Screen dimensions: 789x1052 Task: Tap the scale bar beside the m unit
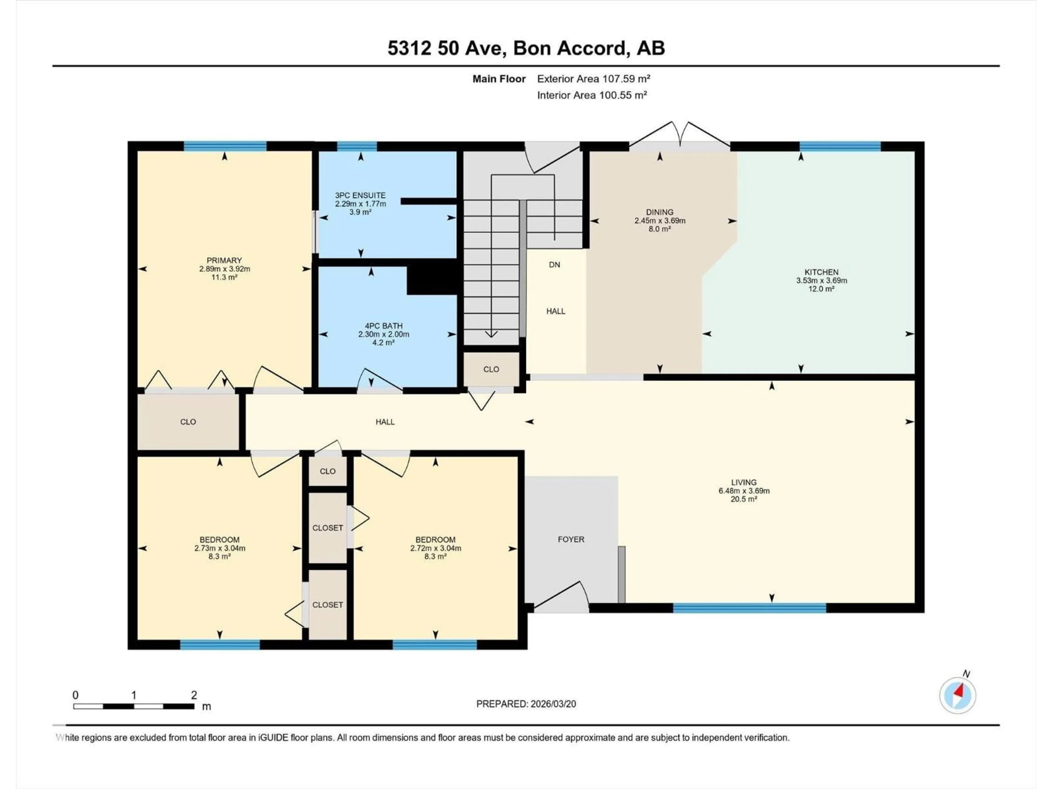pyautogui.click(x=134, y=706)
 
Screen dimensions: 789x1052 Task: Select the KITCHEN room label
pyautogui.click(x=821, y=272)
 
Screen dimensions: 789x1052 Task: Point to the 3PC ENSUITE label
pyautogui.click(x=360, y=195)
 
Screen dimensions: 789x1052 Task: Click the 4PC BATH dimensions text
pyautogui.click(x=383, y=334)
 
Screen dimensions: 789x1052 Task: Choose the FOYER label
pyautogui.click(x=571, y=539)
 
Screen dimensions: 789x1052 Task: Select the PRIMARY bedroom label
pyautogui.click(x=224, y=261)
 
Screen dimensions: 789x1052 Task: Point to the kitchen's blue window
pyautogui.click(x=840, y=146)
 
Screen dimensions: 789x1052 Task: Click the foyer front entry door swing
pyautogui.click(x=561, y=597)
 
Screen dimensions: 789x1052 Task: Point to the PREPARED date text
pyautogui.click(x=526, y=704)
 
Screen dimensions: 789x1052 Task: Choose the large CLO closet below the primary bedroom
pyautogui.click(x=188, y=422)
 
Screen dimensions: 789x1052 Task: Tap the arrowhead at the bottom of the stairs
pyautogui.click(x=491, y=334)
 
